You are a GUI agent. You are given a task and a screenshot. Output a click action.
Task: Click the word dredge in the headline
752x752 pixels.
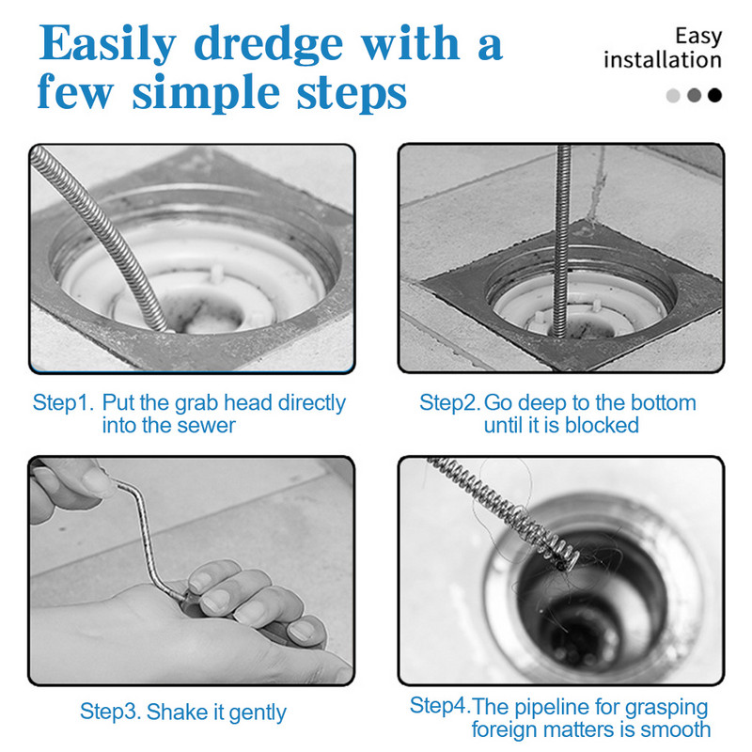tap(268, 45)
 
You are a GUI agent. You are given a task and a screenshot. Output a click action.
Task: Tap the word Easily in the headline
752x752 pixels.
tap(107, 44)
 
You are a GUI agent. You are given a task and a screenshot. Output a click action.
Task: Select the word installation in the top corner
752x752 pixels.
tap(663, 60)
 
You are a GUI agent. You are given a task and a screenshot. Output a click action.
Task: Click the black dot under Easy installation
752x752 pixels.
tap(714, 95)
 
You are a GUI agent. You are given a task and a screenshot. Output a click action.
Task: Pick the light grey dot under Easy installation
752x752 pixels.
tap(673, 95)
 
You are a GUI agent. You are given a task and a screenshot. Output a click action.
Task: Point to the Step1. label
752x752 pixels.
tap(62, 402)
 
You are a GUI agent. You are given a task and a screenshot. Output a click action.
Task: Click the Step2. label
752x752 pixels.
tap(449, 402)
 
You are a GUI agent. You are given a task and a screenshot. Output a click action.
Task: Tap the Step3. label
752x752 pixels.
tap(110, 712)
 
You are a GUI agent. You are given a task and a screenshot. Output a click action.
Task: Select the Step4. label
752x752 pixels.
tap(440, 705)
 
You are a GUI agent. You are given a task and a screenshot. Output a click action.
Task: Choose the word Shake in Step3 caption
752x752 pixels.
tap(177, 712)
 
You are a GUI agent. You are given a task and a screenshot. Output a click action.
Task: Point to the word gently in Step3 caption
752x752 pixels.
tap(258, 713)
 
